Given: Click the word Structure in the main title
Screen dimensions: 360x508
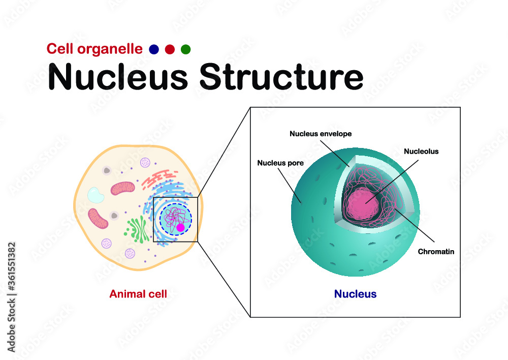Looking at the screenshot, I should (281, 77).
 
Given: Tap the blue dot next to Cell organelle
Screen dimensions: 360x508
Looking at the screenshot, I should (154, 49).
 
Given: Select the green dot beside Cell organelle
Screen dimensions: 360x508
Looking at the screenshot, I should (185, 49).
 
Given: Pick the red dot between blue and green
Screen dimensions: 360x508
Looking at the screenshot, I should (170, 49).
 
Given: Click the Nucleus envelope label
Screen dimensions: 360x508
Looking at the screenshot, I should (321, 134).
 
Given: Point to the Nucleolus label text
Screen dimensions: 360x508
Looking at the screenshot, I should (421, 151).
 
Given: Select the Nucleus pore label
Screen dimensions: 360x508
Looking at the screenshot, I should (280, 163).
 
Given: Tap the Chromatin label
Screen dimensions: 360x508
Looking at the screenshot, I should (435, 251).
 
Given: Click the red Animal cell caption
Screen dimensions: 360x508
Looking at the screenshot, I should (138, 293).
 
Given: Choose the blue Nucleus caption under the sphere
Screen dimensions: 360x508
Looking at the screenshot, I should (355, 294).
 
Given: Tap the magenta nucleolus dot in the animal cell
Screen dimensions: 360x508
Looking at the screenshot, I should (180, 228).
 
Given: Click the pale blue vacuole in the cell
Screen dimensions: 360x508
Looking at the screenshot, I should (96, 195).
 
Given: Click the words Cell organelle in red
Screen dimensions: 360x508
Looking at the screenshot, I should (94, 49).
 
